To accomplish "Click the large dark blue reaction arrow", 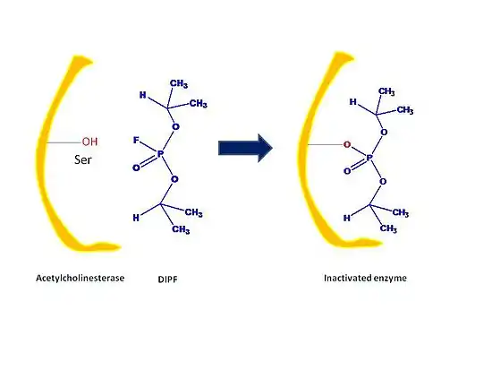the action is point(245,148).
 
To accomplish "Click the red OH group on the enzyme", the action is point(89,142).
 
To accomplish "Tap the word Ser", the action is point(83,159).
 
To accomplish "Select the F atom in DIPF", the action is point(136,140).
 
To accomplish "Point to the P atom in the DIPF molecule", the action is point(160,154).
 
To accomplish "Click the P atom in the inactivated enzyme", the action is point(369,158).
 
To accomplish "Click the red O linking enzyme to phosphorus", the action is point(347,144).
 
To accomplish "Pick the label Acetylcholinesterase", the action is point(80,278).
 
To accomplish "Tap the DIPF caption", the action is point(167,280).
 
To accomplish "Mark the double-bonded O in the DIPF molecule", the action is point(136,168).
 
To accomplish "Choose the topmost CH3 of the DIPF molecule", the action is point(179,83).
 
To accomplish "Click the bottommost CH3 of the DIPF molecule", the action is point(181,229).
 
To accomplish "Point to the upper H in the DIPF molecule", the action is point(143,95).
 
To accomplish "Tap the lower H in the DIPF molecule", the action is point(136,218).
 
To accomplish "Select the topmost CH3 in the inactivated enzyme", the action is point(386,91).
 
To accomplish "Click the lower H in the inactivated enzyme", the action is point(347,218).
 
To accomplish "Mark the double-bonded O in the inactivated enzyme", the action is point(347,171).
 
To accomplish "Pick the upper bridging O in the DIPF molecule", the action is point(175,126).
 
